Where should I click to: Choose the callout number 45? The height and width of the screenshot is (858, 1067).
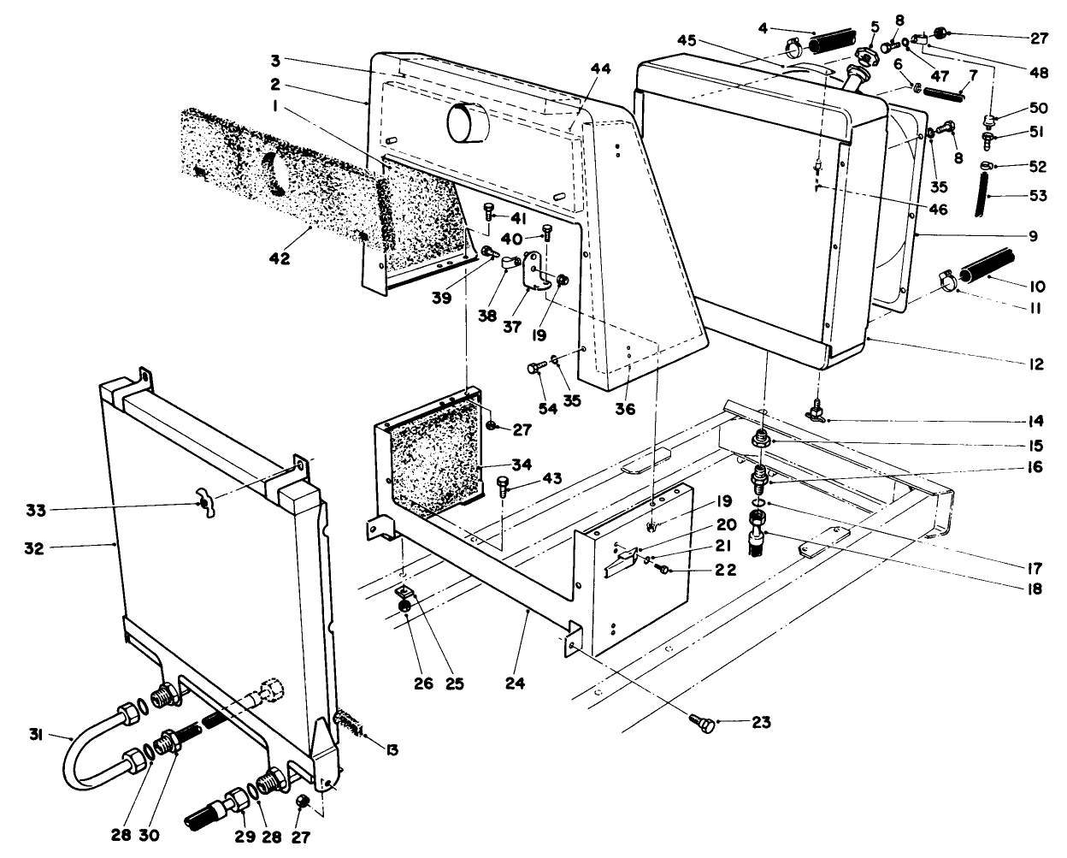click(689, 40)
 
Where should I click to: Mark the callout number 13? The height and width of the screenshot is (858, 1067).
click(392, 750)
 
